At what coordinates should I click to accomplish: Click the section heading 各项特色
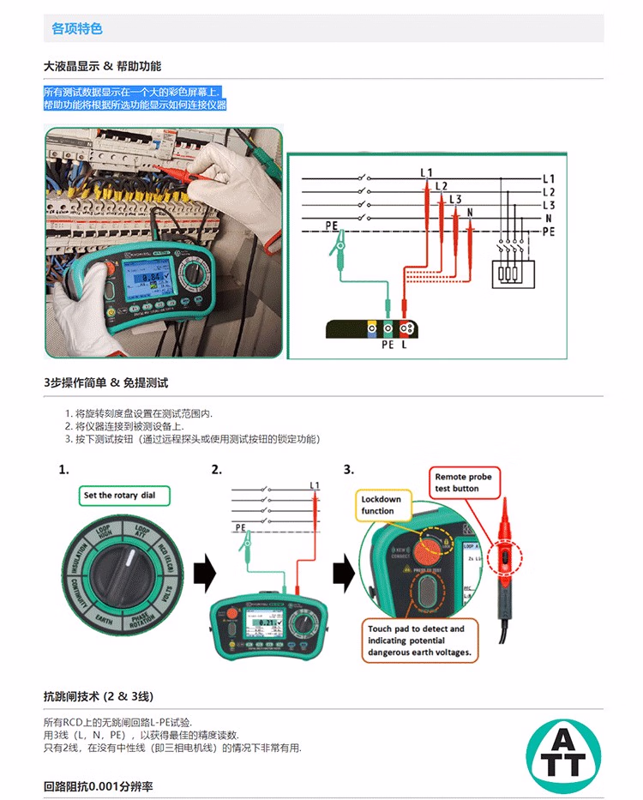(77, 28)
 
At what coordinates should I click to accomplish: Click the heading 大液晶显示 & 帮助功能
(102, 66)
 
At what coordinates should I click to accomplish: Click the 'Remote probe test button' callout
(463, 483)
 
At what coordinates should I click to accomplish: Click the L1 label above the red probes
(426, 172)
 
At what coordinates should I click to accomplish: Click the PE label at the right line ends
(549, 232)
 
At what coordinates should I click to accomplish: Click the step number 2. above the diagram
(217, 470)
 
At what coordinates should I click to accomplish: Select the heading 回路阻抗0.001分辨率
(98, 786)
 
